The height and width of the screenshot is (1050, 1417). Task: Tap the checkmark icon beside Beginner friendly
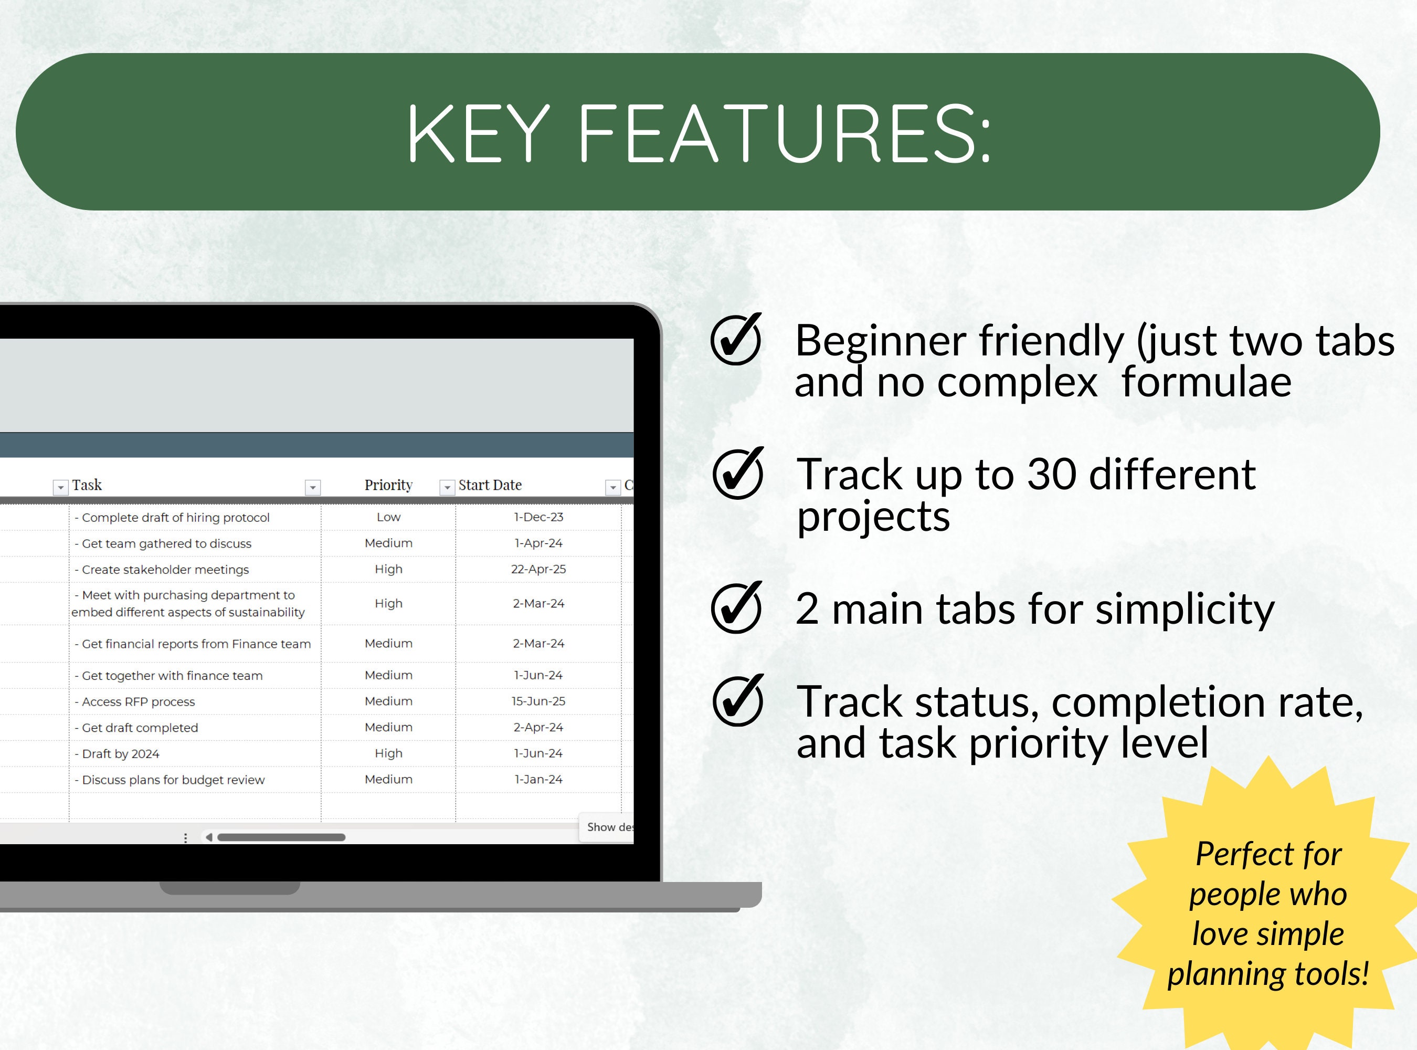click(736, 340)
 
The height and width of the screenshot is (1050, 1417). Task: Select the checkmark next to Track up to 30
click(737, 474)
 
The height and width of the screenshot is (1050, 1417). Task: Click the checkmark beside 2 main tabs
click(736, 608)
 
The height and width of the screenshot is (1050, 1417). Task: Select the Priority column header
click(388, 485)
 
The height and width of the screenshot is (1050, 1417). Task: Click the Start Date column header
click(490, 485)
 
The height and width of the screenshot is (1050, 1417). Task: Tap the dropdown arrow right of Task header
click(313, 488)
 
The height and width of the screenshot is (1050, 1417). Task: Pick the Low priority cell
click(388, 517)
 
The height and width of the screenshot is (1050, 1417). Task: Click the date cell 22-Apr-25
click(538, 570)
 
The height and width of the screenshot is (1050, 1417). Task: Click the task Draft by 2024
click(121, 754)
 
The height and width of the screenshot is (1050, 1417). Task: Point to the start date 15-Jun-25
click(538, 701)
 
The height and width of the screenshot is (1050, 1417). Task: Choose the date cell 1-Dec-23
click(538, 517)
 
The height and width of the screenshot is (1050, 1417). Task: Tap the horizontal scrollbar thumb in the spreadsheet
click(281, 837)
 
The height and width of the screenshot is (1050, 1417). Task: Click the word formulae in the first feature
click(1206, 383)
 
